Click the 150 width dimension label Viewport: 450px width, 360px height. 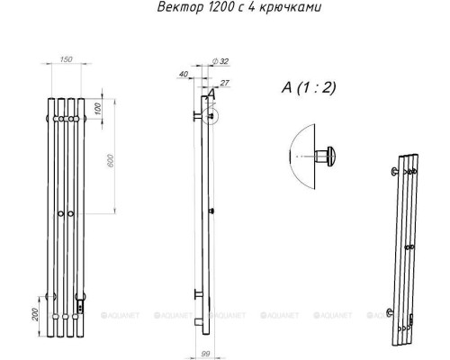[65, 59]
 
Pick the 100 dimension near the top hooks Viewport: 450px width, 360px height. [97, 108]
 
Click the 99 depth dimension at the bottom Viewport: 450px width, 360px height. [204, 355]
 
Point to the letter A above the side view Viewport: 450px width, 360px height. [211, 94]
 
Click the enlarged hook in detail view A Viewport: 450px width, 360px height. [331, 157]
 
